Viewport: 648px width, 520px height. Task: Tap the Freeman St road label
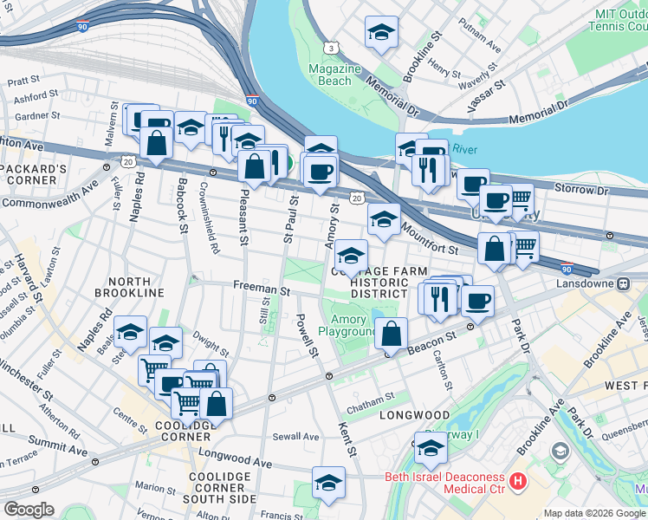coord(261,289)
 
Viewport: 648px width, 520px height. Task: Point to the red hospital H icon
coord(518,479)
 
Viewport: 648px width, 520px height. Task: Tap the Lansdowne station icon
coord(623,283)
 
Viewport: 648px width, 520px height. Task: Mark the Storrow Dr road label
coord(573,189)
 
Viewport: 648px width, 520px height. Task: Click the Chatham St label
coord(370,396)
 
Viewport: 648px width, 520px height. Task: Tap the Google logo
coord(29,509)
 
